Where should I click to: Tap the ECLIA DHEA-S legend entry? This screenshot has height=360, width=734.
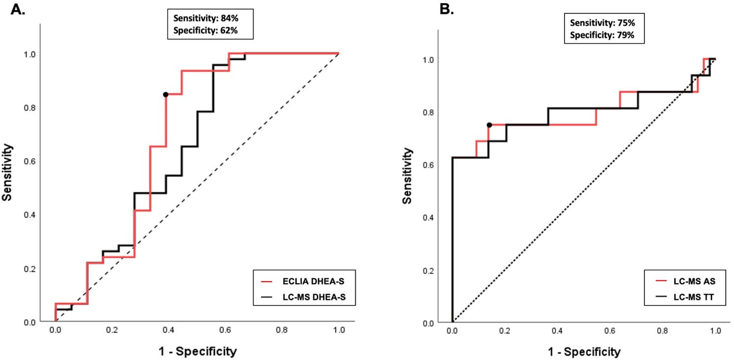coord(300,281)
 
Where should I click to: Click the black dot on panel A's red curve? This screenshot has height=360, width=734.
coord(166,95)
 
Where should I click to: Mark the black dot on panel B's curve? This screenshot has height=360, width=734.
coord(489,125)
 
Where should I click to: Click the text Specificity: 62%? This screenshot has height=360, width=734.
coord(206,31)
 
